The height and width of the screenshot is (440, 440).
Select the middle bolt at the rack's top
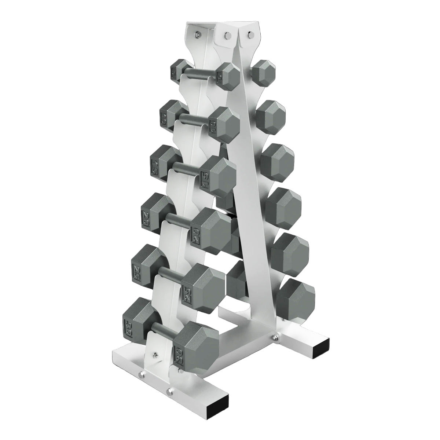(x=227, y=35)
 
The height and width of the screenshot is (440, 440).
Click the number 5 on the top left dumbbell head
(x=173, y=72)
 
